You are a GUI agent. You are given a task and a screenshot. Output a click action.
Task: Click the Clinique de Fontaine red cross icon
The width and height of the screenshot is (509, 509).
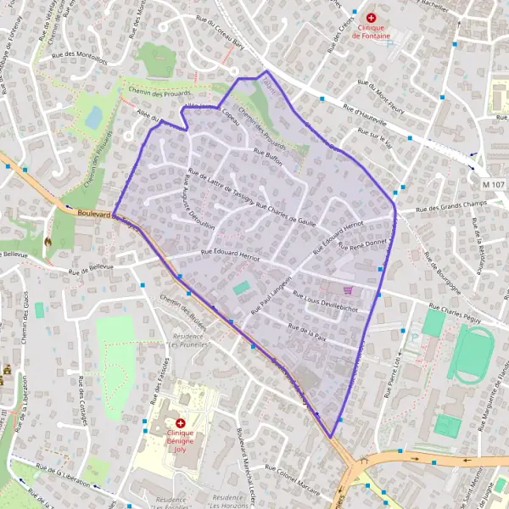tap(371, 17)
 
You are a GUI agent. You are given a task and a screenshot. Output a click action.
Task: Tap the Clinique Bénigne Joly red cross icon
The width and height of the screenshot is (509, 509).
tap(181, 422)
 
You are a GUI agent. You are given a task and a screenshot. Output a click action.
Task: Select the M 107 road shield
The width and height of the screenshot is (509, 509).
tap(491, 184)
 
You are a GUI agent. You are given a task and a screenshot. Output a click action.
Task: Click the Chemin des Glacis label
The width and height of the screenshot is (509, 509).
tap(28, 335)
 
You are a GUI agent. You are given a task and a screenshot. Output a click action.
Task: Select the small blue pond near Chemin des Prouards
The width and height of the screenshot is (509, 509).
tap(93, 116)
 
